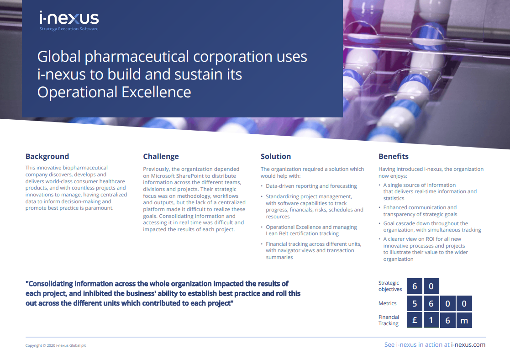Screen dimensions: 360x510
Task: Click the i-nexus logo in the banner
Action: [68, 18]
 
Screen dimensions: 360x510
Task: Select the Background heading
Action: [47, 156]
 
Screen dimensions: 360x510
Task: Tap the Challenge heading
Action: [161, 156]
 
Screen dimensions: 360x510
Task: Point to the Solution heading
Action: [275, 156]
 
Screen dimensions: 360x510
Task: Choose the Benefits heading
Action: [393, 156]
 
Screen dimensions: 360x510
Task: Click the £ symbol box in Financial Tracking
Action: [415, 320]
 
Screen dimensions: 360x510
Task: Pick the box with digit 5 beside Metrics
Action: [415, 303]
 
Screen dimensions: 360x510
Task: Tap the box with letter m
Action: [464, 320]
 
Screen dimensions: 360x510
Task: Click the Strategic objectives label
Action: [390, 286]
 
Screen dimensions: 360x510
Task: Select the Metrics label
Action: [387, 303]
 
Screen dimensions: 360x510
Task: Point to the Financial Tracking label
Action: [389, 320]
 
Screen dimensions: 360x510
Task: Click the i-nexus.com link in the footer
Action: [468, 345]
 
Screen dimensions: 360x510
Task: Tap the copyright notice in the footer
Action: [56, 345]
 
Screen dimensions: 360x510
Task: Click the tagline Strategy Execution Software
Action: [68, 29]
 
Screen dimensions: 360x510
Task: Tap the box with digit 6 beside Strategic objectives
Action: [415, 286]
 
